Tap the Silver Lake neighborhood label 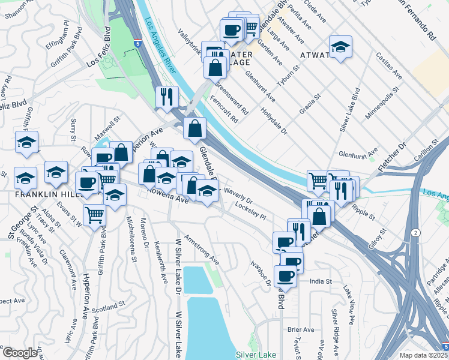click(256, 355)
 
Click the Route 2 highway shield click(415, 232)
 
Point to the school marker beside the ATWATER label click(340, 48)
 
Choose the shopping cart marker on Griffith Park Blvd click(95, 215)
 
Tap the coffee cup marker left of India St click(286, 276)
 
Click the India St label click(321, 281)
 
